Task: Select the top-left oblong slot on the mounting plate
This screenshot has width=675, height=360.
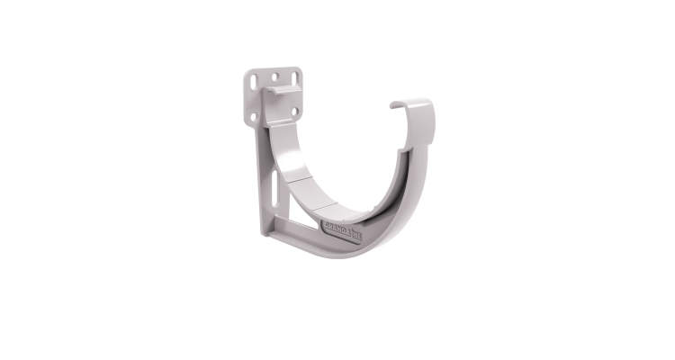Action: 255,82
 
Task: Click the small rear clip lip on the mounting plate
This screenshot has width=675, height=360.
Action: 287,90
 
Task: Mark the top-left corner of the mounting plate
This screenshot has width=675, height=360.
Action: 246,70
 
